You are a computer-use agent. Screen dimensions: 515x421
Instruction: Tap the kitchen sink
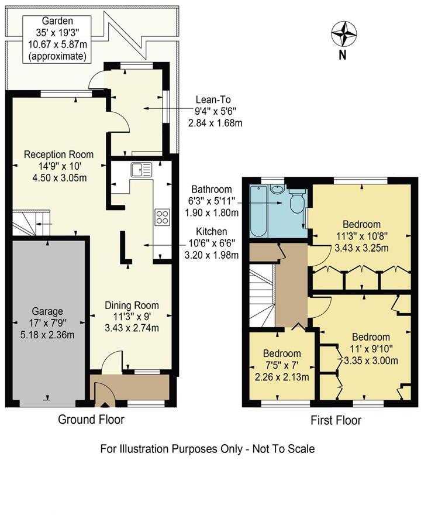coord(142,170)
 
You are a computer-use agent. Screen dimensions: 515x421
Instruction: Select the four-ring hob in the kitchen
coord(162,217)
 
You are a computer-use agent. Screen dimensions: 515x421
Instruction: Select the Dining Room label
coord(132,316)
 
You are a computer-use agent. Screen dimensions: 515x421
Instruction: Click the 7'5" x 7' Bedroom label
coord(281,365)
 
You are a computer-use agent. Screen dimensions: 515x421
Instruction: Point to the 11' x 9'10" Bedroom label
coord(371,348)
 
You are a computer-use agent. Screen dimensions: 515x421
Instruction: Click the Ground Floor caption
coord(91,419)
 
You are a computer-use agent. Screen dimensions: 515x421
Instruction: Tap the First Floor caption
coord(336,420)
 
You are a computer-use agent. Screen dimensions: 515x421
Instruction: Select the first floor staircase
coord(261,296)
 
